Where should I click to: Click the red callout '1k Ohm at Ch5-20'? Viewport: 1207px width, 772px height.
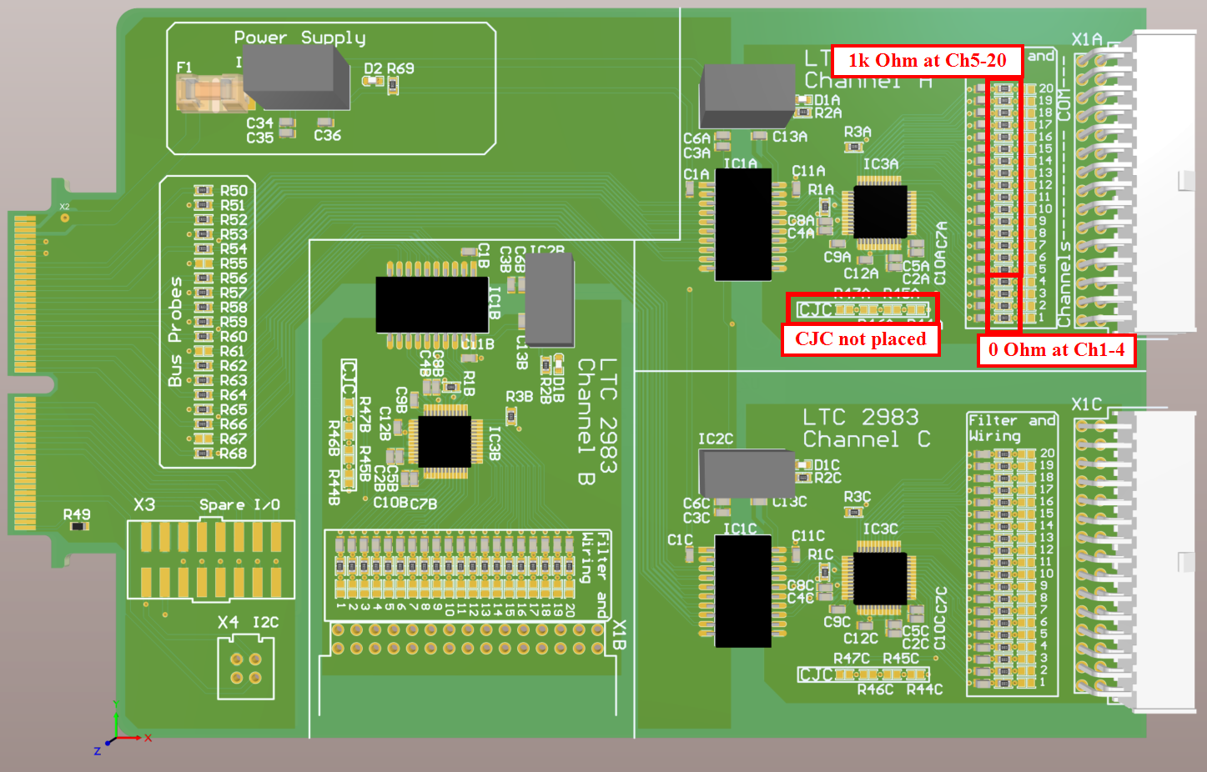pos(927,61)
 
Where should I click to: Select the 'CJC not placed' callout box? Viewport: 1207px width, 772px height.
pos(860,339)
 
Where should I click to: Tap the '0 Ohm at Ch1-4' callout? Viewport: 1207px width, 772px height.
pos(1056,350)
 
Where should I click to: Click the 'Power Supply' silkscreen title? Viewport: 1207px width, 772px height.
pos(299,38)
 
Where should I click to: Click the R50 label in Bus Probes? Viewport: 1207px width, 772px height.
pos(234,191)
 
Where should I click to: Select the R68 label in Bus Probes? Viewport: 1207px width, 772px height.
pos(234,454)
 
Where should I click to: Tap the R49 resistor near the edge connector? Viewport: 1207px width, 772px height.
pos(78,526)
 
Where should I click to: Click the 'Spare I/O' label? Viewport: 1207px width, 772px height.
pos(239,504)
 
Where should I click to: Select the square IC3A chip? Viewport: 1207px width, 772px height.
pos(879,212)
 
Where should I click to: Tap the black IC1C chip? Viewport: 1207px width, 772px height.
pos(742,591)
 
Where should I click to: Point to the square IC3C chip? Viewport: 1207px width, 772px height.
pos(879,579)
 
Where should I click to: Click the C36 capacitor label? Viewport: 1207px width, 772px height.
pos(327,135)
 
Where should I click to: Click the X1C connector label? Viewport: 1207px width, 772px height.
pos(1086,404)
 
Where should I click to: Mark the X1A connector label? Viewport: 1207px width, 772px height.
pos(1086,39)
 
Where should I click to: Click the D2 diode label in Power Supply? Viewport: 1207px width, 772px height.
pos(373,68)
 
